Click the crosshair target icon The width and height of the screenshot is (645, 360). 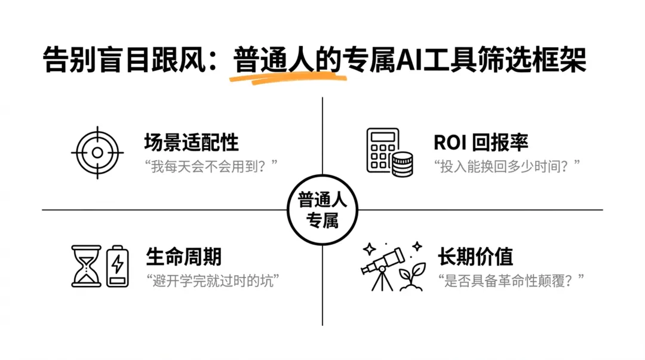click(x=97, y=153)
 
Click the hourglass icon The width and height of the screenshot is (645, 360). click(x=86, y=266)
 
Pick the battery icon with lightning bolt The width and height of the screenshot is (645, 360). click(x=118, y=265)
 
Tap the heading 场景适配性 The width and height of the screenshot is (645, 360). click(x=191, y=143)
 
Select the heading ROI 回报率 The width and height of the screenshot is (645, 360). click(x=481, y=143)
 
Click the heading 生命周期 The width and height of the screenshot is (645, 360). click(x=183, y=257)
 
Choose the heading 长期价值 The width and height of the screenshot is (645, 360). click(x=475, y=257)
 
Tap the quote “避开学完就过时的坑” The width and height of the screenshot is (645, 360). click(x=213, y=280)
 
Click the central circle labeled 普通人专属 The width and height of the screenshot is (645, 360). click(x=322, y=210)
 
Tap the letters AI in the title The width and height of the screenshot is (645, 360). click(x=408, y=60)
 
